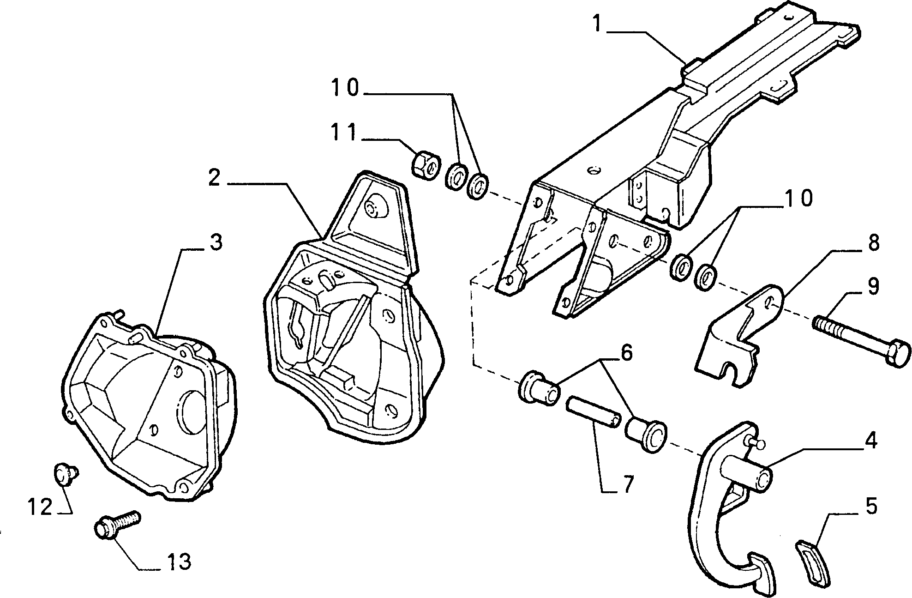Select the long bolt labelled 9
click(x=861, y=338)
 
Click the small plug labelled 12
click(x=64, y=473)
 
